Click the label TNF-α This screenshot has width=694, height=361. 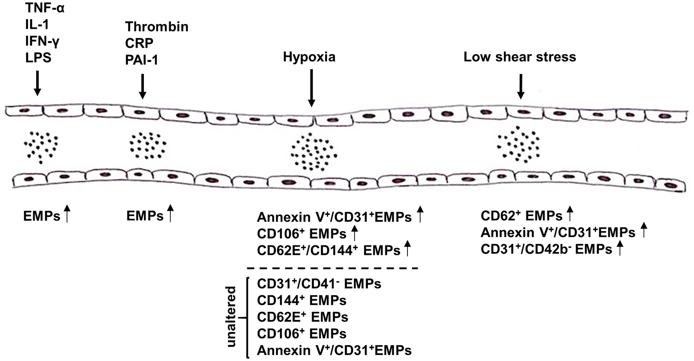tap(44, 8)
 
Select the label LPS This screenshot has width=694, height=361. tap(38, 58)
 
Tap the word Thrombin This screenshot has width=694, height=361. tap(157, 27)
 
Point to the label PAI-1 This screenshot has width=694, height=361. tap(141, 60)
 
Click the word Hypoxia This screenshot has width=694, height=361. tap(309, 57)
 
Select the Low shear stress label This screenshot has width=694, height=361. tap(520, 57)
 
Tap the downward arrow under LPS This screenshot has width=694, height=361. tap(37, 83)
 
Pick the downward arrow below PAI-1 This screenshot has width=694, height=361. tap(143, 86)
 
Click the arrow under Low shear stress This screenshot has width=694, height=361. tap(521, 86)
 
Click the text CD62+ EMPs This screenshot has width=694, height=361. tap(521, 216)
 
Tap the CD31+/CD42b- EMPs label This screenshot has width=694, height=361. tap(546, 249)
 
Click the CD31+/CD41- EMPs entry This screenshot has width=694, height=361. tap(319, 284)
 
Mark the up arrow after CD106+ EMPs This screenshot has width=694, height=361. tap(355, 234)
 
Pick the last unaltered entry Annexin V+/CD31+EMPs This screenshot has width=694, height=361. tap(334, 350)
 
